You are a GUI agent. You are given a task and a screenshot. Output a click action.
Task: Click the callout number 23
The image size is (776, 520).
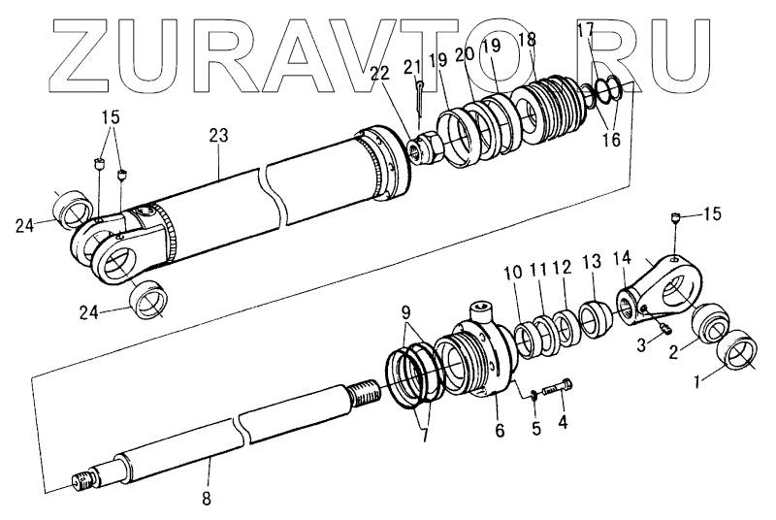217,136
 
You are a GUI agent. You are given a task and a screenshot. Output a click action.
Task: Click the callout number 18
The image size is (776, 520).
527,40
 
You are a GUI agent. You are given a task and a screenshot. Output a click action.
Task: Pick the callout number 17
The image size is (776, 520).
585,30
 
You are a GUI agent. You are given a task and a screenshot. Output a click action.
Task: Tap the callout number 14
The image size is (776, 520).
624,258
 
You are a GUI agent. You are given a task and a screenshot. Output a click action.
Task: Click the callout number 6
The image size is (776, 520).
500,430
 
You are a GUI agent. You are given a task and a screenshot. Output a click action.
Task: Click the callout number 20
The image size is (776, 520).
465,55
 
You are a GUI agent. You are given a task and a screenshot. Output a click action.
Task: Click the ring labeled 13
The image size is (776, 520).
593,318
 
